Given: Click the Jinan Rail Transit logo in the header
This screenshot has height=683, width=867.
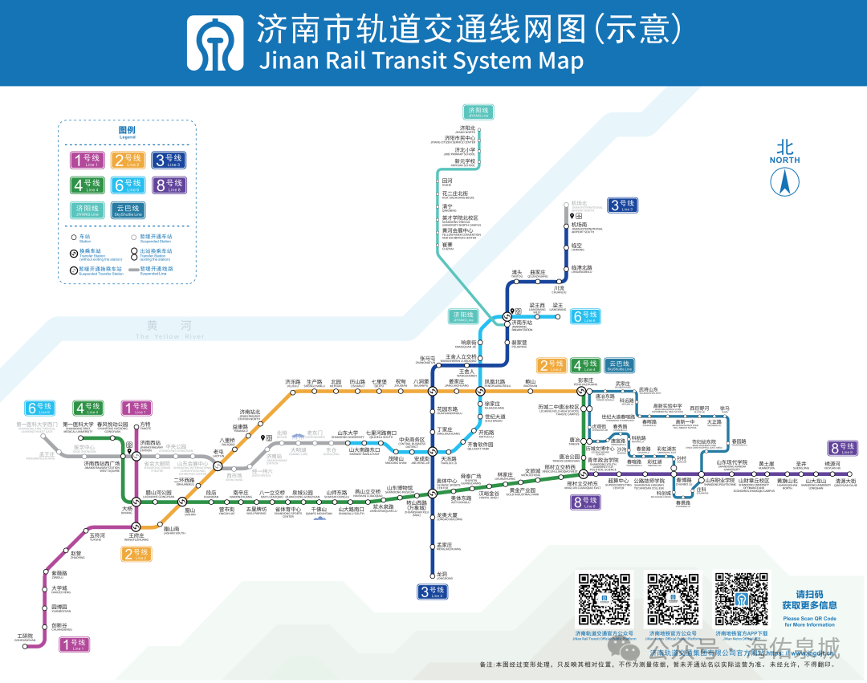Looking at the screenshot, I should click(x=215, y=43).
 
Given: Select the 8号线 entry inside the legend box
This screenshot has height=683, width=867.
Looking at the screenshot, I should click(x=169, y=185).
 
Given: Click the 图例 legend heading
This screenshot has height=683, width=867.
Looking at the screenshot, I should click(x=127, y=130).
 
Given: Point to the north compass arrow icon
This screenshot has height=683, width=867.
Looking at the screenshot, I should click(x=784, y=182).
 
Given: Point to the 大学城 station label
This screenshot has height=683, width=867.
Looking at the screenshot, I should click(x=59, y=588).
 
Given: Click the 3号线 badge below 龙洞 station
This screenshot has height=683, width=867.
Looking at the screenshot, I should click(x=432, y=592).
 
